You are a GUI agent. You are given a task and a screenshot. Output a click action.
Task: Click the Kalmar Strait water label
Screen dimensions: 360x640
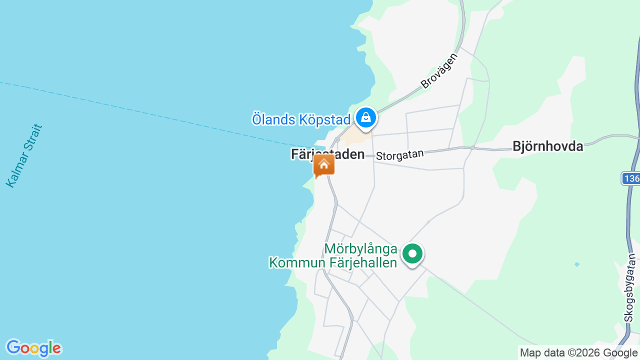tap(24, 156)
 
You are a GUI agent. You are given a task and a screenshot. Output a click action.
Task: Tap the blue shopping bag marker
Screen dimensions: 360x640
tap(366, 118)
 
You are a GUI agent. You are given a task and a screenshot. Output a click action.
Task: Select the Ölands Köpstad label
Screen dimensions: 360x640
tap(301, 120)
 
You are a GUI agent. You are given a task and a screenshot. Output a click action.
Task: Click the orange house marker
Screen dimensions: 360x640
tap(324, 165)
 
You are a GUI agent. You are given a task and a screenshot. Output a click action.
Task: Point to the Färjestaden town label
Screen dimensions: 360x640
tap(327, 154)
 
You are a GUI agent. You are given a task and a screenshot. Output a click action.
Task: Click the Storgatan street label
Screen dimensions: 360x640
tap(399, 154)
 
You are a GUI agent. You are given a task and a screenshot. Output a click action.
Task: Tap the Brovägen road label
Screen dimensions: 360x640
tap(439, 71)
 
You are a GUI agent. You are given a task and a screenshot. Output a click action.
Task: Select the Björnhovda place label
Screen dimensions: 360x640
tap(547, 146)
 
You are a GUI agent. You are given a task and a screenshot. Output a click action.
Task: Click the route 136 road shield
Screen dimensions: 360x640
tap(631, 178)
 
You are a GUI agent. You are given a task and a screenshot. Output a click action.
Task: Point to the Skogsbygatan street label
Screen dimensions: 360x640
tap(630, 287)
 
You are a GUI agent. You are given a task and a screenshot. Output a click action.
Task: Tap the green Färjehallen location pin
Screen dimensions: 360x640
tap(412, 254)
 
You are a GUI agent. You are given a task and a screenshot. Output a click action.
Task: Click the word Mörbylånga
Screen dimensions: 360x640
tap(360, 249)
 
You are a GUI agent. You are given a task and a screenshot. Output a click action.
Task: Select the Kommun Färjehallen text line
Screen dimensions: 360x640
tap(333, 262)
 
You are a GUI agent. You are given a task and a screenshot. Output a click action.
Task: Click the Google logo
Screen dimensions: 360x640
tap(33, 348)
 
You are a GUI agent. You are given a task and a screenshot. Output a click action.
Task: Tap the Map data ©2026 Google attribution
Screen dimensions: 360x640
tap(578, 353)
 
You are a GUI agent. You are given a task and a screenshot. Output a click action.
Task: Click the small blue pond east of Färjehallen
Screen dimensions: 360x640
tap(577, 264)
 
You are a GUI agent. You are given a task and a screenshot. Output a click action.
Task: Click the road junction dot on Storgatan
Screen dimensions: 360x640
tap(472, 147)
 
